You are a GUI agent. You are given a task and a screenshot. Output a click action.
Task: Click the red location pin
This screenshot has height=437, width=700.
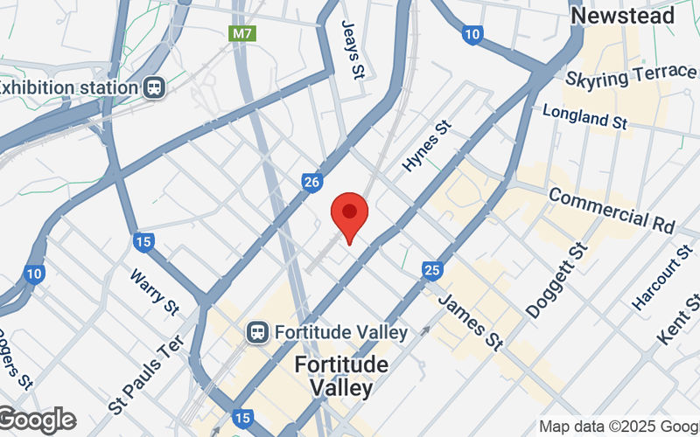(x=349, y=218)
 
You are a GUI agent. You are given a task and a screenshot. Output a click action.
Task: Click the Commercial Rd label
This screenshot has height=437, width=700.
(x=612, y=210)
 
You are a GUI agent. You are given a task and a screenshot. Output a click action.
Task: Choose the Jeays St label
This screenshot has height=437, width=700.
(x=353, y=49)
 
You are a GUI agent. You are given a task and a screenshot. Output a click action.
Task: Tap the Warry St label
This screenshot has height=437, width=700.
(x=154, y=291)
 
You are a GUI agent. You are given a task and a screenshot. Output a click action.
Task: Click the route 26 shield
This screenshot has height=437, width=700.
(x=312, y=182)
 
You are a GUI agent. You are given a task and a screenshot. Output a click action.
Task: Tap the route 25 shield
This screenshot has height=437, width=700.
(x=430, y=271)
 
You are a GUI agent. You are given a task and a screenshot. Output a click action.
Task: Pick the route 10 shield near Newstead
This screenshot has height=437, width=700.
(x=472, y=34)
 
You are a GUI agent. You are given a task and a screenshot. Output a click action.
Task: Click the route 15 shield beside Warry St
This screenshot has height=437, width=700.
(x=144, y=240)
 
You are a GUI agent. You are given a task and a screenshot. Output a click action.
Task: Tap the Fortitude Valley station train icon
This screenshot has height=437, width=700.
(x=257, y=332)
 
